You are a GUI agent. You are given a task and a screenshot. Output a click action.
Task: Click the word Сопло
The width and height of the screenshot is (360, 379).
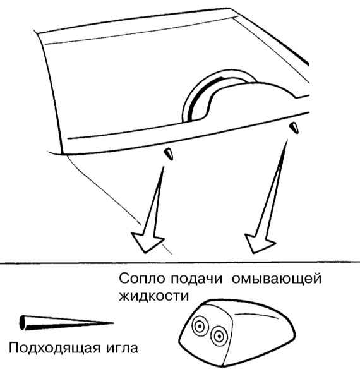(x=142, y=279)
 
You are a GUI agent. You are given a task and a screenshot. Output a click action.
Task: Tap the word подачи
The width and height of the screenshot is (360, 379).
(x=196, y=279)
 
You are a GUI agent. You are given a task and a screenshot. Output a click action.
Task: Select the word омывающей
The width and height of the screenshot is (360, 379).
(x=277, y=279)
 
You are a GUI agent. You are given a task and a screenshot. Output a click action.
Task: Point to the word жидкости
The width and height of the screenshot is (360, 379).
(x=153, y=296)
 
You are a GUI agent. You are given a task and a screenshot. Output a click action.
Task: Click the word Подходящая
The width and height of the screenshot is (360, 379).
(x=54, y=348)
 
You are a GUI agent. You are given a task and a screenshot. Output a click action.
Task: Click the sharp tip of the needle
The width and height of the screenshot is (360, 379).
(x=114, y=323)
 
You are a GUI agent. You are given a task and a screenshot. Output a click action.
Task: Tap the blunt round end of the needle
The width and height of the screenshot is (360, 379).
(x=22, y=323)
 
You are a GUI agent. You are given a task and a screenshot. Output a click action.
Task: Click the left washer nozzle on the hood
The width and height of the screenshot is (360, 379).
(x=169, y=154)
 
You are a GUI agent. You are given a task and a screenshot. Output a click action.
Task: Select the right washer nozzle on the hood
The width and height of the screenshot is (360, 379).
(x=294, y=128)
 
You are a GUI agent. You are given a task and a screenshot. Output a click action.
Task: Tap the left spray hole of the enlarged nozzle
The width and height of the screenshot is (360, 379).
(x=200, y=327)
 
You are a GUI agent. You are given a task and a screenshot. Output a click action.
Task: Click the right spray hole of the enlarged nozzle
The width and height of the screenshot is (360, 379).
(x=219, y=336)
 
